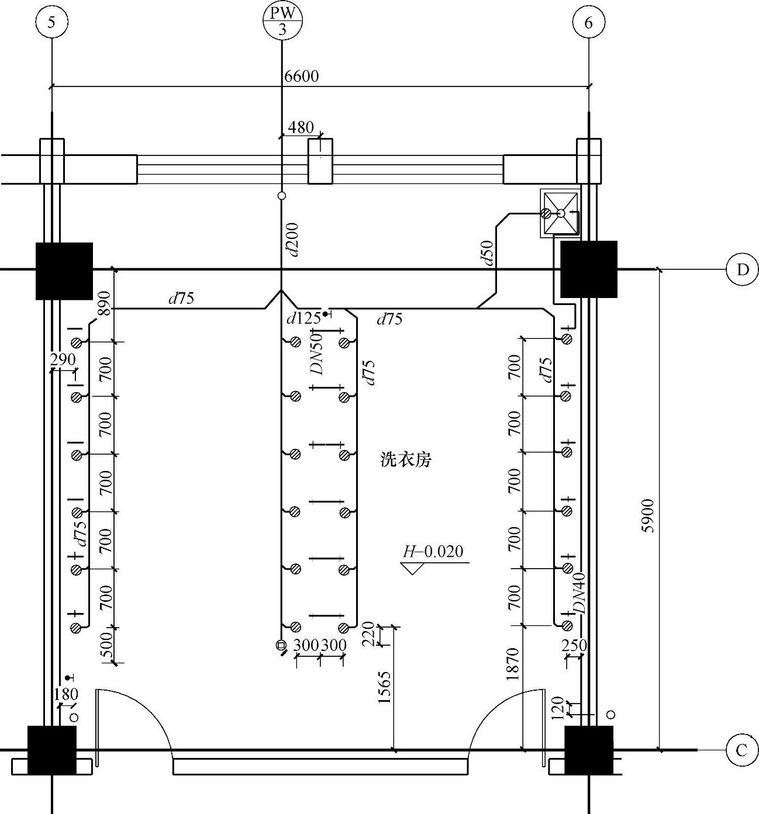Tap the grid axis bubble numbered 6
coord(588,23)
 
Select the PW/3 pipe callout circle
coord(282,20)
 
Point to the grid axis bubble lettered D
coord(742,270)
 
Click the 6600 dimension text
coord(302,76)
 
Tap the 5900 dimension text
coord(648,515)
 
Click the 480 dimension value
coord(301,127)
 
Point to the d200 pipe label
coord(293,240)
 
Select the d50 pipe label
coord(488,252)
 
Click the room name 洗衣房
coord(406,460)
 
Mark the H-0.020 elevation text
coord(433,552)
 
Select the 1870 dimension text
coord(513,664)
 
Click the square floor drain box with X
coord(560,213)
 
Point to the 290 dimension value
coord(63,359)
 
